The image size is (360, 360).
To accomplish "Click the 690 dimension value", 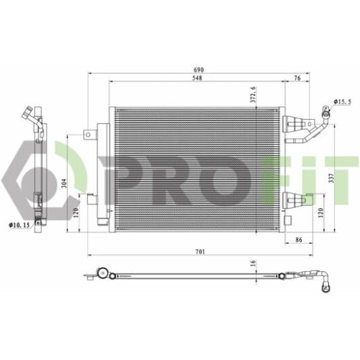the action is coord(198,70).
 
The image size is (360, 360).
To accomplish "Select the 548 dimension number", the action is coord(197,78).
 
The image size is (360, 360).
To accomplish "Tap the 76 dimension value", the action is coord(297,78).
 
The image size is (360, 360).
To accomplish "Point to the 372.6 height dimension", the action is coord(253,94).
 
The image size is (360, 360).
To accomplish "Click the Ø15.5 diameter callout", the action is coord(342,102).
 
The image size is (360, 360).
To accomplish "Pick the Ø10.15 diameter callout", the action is coord(19,225).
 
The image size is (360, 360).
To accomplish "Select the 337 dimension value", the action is coord(331,178).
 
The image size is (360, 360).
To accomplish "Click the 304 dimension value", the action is coord(65,183).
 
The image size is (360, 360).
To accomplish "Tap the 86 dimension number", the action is coord(298,240).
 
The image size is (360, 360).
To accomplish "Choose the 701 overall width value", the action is coord(200,252).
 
